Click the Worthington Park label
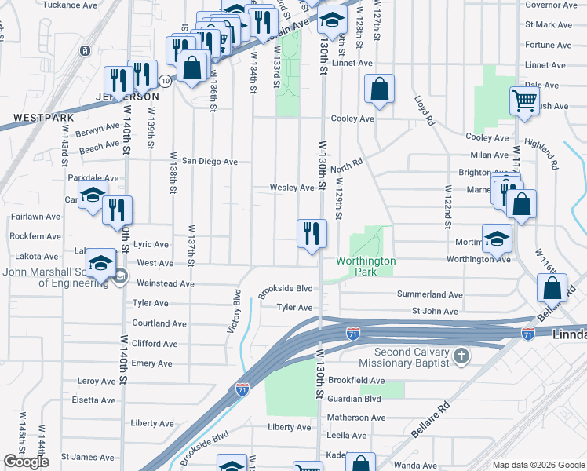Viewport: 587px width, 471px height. (x=366, y=266)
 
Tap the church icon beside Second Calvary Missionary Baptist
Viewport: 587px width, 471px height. (x=462, y=356)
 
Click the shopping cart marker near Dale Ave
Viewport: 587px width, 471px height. (x=524, y=101)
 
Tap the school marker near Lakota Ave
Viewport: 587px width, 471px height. (x=101, y=265)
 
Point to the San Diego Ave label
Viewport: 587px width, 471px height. (x=210, y=162)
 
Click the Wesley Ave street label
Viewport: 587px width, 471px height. (x=292, y=188)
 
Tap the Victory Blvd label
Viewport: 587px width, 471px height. (x=234, y=311)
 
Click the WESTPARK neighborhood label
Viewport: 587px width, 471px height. (x=43, y=119)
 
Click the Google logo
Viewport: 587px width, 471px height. (x=26, y=462)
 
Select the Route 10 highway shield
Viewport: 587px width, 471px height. (x=165, y=80)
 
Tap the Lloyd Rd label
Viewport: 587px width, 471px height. (x=424, y=111)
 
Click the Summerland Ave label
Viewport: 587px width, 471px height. (x=429, y=294)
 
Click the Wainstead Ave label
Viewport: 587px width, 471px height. (x=165, y=283)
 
